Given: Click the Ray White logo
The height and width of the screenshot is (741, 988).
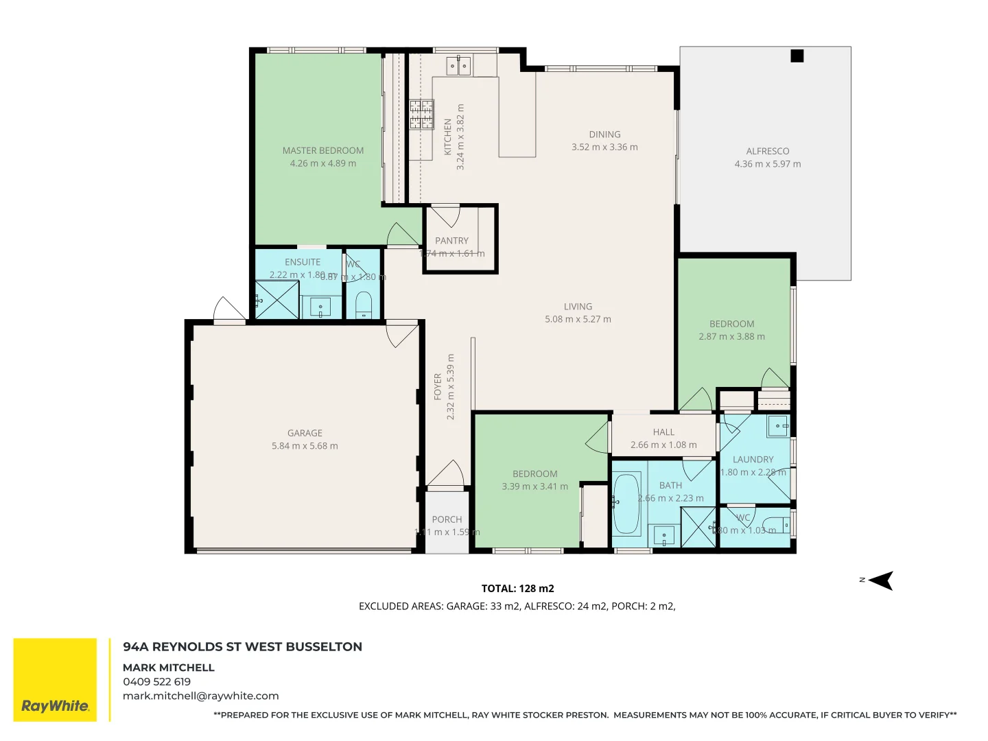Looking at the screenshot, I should pyautogui.click(x=55, y=679).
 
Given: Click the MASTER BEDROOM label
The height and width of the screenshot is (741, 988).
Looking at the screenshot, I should pyautogui.click(x=322, y=150).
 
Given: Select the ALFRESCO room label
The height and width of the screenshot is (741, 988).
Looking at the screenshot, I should pyautogui.click(x=767, y=151).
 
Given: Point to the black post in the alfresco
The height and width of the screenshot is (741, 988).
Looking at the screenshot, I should pyautogui.click(x=797, y=56).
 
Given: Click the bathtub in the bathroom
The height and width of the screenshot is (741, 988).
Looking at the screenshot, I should pyautogui.click(x=626, y=504).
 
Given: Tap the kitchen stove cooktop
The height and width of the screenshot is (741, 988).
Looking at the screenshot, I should pyautogui.click(x=421, y=115).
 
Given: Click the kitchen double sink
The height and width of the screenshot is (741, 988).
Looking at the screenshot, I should pyautogui.click(x=458, y=66).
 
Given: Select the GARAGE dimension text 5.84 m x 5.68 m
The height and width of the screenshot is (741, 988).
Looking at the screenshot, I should pyautogui.click(x=305, y=446).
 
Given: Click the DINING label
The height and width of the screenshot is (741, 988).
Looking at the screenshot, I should pyautogui.click(x=604, y=134).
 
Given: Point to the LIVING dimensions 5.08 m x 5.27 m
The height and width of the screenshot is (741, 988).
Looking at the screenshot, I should pyautogui.click(x=578, y=319).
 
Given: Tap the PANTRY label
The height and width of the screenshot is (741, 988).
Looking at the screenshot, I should pyautogui.click(x=451, y=241).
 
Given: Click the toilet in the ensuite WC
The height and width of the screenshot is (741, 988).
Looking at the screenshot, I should pyautogui.click(x=364, y=304).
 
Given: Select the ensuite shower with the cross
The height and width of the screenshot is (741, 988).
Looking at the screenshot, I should pyautogui.click(x=277, y=300).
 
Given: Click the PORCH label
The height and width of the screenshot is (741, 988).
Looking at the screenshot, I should pyautogui.click(x=447, y=519).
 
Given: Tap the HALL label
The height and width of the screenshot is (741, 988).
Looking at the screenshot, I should pyautogui.click(x=663, y=432).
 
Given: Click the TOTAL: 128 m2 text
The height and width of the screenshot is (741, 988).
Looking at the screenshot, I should pyautogui.click(x=517, y=589).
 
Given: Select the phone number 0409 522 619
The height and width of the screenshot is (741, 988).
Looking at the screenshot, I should pyautogui.click(x=156, y=682).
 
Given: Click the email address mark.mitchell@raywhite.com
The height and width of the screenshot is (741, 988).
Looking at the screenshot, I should pyautogui.click(x=200, y=696).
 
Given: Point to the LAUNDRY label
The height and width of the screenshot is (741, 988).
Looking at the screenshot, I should pyautogui.click(x=753, y=460).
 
